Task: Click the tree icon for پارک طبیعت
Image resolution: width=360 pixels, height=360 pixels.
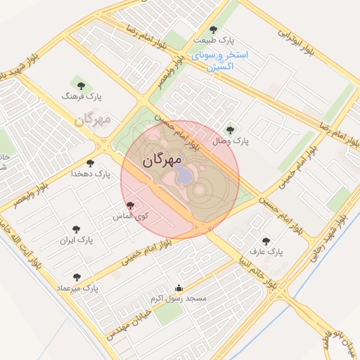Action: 213,30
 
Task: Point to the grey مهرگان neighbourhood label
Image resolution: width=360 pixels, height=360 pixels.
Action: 93,120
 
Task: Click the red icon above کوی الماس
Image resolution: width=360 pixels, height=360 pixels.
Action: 129,205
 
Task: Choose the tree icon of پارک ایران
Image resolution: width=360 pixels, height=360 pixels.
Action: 77,229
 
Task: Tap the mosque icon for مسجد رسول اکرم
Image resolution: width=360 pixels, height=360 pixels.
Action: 178,288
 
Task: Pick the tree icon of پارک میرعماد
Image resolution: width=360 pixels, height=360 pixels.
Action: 77,277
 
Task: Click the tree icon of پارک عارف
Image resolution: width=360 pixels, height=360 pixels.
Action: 265,240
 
